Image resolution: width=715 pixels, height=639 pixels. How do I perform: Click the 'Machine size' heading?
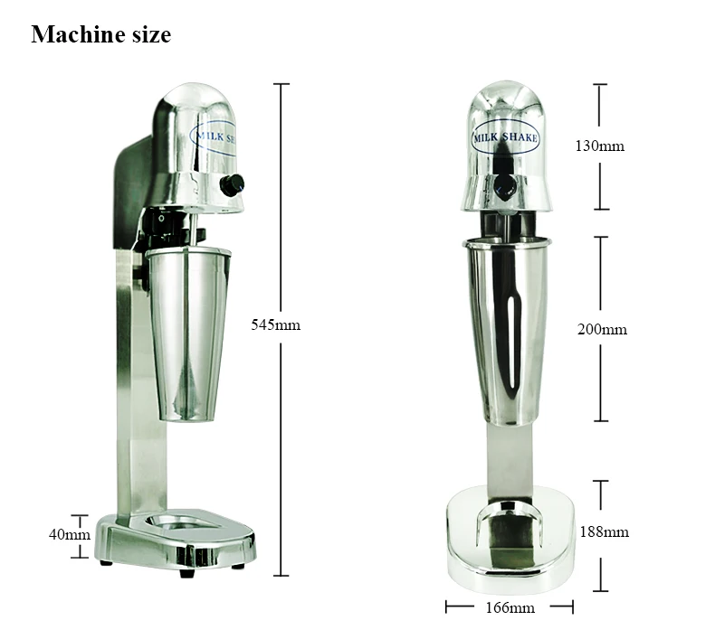pyautogui.click(x=100, y=35)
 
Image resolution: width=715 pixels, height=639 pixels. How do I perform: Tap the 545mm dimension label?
pyautogui.click(x=275, y=324)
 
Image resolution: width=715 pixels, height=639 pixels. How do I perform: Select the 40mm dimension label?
pyautogui.click(x=69, y=534)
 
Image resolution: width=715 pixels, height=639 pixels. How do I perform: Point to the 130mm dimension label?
pyautogui.click(x=601, y=146)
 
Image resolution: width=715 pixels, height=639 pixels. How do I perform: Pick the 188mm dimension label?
pyautogui.click(x=604, y=531)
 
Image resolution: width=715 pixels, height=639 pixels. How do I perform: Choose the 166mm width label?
pyautogui.click(x=510, y=607)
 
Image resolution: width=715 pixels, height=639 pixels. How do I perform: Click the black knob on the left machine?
pyautogui.click(x=232, y=185)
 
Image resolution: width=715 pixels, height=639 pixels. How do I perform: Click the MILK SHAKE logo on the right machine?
pyautogui.click(x=506, y=138)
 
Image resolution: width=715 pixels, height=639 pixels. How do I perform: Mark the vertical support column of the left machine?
pyautogui.click(x=136, y=389)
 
